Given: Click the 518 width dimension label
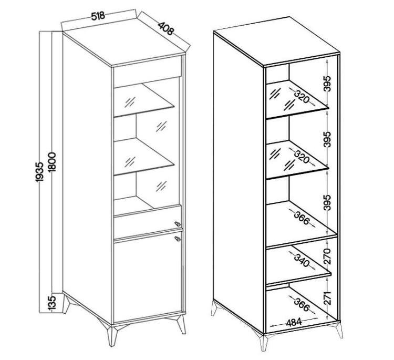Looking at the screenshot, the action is coord(98,16).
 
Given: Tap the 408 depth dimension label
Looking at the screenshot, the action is coord(166,28).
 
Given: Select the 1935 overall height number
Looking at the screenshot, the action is coord(40,172).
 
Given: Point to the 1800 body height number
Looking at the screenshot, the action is coord(53,162).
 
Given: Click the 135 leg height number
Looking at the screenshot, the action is coord(52,303).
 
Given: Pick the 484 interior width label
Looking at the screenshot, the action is coord(294,322).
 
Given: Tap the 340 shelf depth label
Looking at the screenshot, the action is coord(302,261).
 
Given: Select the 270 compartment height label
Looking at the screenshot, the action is coord(327,256).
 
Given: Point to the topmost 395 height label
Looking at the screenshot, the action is coord(327,84).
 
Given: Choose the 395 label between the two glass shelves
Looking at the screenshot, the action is coord(327,139).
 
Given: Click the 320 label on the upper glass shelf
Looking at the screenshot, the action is coord(302,97).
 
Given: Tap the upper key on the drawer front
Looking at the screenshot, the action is coord(178,223).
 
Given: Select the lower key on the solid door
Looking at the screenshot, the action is coord(178,239).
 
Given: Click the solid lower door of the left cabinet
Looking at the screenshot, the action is coord(148,276).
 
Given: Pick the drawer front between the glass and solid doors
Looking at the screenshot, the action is coord(147,221).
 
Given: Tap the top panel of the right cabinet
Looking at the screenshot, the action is coord(276,42).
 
